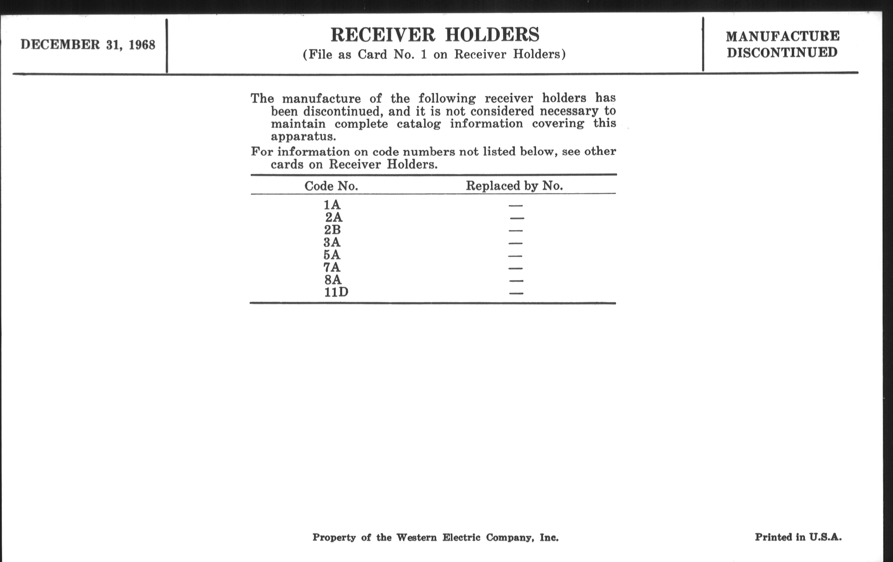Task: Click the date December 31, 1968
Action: coord(88,45)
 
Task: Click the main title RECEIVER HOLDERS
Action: coord(435,35)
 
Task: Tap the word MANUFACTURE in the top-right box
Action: coord(782,36)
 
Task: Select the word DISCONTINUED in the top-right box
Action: coord(782,53)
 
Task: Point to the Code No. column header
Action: coord(331,186)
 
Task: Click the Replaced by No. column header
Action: coord(514,185)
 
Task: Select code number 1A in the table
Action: coord(332,205)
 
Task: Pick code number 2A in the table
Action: coord(334,217)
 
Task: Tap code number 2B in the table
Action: coord(332,230)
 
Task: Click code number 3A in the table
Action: coord(332,242)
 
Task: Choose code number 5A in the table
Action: coord(332,255)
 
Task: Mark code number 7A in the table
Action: coord(332,267)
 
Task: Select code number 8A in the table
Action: coord(333,280)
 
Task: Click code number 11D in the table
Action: coord(336,293)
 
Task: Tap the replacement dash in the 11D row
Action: coord(516,293)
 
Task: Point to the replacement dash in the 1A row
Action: coord(516,205)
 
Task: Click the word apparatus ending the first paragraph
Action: coord(303,137)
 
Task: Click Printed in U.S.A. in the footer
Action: coord(798,537)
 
